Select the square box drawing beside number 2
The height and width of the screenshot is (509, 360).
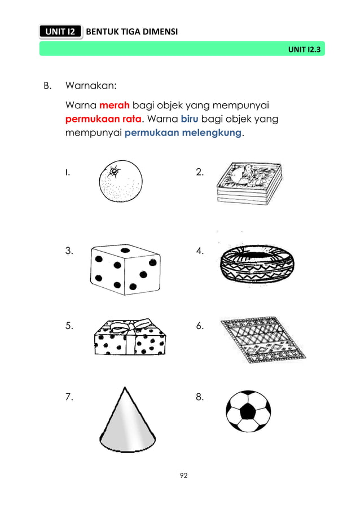coord(248,183)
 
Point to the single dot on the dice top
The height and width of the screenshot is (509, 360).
coord(125,250)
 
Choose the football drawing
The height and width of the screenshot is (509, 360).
coord(248,411)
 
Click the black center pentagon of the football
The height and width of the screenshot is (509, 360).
coord(247,412)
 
